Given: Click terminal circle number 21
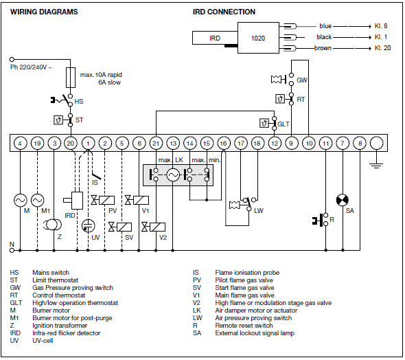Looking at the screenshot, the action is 156,143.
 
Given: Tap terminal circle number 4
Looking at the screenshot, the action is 20,143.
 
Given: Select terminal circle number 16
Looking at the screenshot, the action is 224,143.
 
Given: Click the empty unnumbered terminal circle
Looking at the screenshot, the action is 377,143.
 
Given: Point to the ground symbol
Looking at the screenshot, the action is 376,165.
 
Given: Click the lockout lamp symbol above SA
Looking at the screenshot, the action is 343,201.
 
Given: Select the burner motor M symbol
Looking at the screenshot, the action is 20,201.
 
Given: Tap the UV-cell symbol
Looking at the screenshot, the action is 88,225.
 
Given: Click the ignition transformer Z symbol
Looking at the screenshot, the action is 52,225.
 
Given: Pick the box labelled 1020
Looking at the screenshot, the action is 258,38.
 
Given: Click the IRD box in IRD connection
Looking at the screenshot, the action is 215,38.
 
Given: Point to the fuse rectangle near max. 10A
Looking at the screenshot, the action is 71,78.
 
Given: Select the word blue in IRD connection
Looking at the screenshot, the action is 325,26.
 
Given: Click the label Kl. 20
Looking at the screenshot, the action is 382,48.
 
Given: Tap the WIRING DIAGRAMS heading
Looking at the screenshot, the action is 44,12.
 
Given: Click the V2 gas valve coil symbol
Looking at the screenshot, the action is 157,227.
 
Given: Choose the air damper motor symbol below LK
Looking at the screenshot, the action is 173,175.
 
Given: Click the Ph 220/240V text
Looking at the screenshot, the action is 31,67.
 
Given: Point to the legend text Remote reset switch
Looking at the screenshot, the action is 244,326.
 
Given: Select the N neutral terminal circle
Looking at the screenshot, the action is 12,250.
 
